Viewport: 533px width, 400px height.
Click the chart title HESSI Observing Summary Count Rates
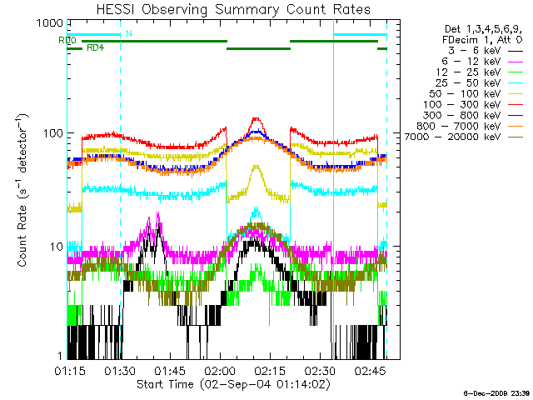pyautogui.click(x=227, y=10)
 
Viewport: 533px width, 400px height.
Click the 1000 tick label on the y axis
pyautogui.click(x=49, y=23)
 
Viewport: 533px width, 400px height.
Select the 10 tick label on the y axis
pyautogui.click(x=56, y=247)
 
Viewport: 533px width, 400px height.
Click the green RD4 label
pyautogui.click(x=95, y=48)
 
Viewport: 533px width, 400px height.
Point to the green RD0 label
pyautogui.click(x=67, y=40)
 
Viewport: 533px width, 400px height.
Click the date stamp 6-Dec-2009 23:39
pyautogui.click(x=496, y=392)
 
